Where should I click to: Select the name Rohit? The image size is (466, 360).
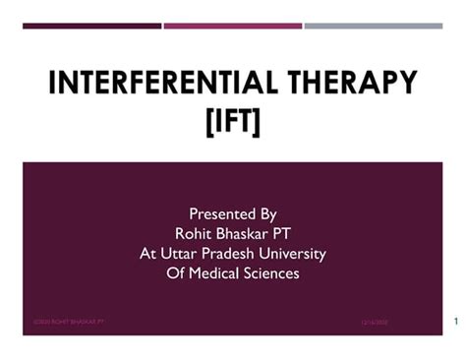coord(194,233)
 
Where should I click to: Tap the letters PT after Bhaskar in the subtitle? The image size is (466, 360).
coord(286,233)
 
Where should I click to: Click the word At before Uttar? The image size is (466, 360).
coord(148,253)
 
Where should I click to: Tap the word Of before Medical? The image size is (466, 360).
coord(176,272)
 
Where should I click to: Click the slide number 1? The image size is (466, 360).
coord(457,321)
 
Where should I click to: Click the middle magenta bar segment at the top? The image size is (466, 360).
coord(233,26)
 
